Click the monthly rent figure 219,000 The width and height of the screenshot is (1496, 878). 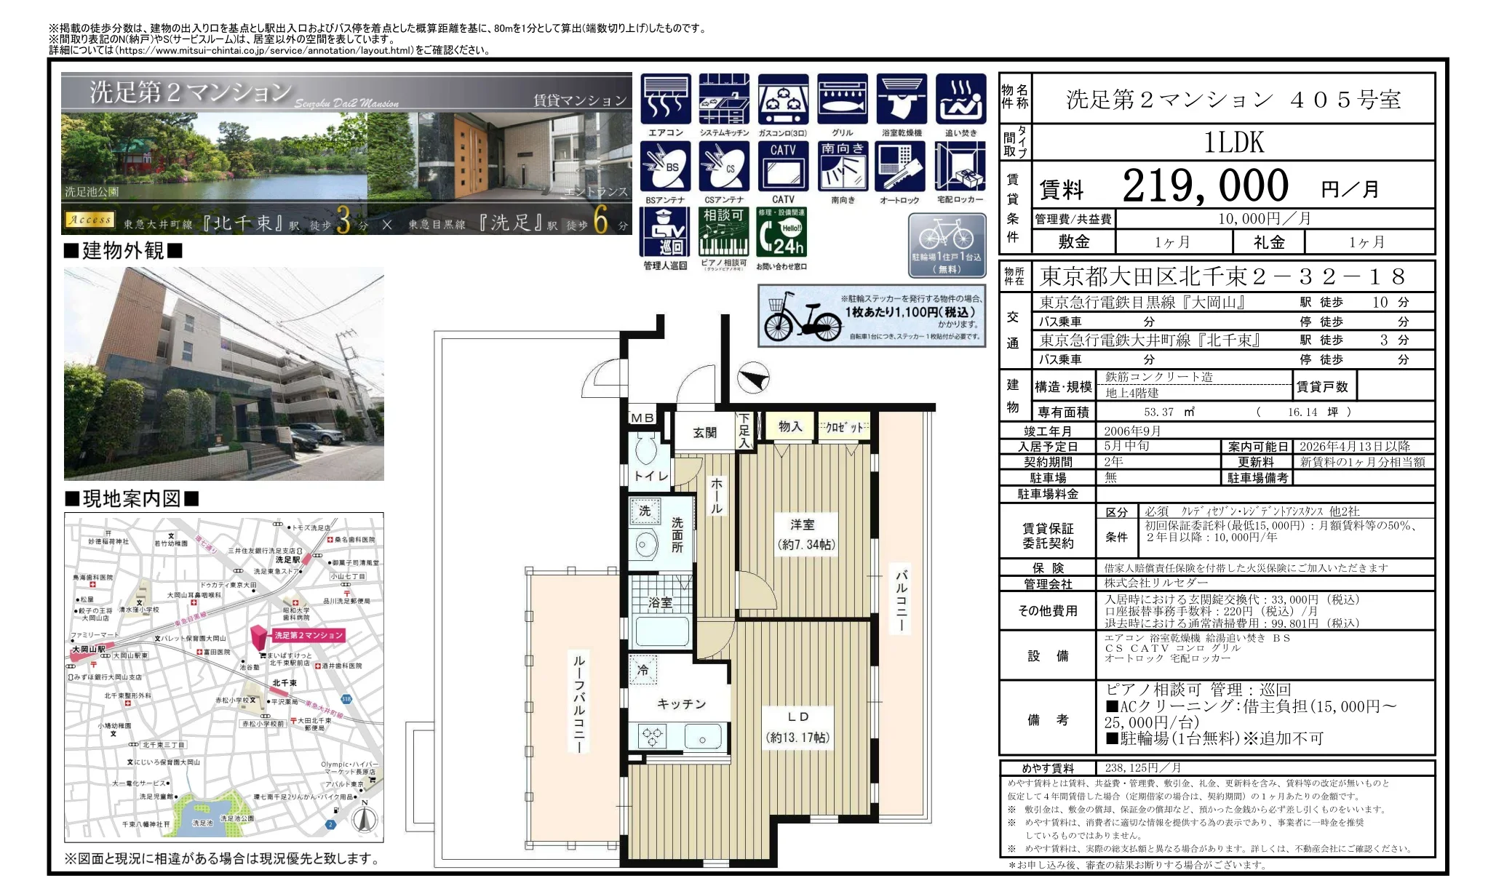click(1205, 186)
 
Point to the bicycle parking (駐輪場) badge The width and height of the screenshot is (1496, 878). click(947, 245)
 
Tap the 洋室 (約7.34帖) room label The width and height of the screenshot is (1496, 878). click(805, 534)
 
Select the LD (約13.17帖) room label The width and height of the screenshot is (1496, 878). click(797, 727)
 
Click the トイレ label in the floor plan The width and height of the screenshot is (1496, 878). click(650, 476)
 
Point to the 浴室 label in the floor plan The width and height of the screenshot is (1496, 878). click(660, 602)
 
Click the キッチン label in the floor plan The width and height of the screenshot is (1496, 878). click(681, 703)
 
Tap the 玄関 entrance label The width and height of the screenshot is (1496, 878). click(704, 433)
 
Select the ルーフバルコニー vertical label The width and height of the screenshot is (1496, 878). click(579, 702)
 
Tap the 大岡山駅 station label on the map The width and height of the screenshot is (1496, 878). click(89, 649)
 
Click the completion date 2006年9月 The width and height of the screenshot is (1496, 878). click(1132, 431)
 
